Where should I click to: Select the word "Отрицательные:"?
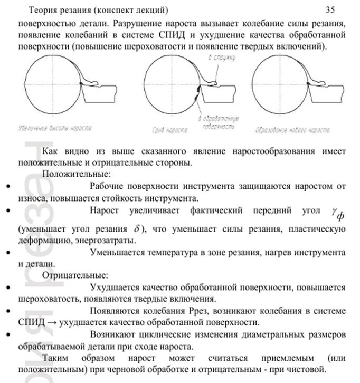[x=75, y=275]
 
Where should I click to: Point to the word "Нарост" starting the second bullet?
[x=105, y=210]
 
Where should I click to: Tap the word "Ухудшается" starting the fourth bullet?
[x=113, y=288]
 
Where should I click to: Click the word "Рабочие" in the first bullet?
[x=107, y=186]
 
